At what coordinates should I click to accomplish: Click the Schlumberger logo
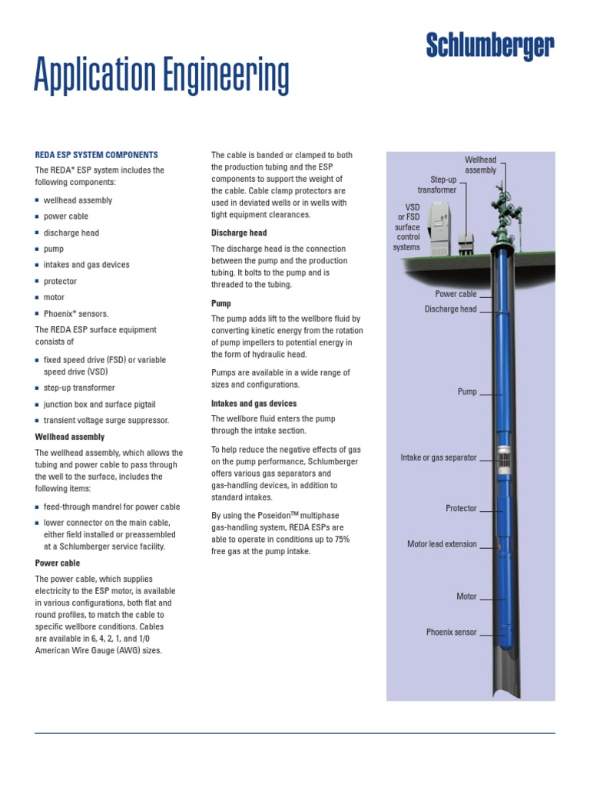click(x=489, y=48)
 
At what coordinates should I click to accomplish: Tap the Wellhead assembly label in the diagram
click(x=481, y=165)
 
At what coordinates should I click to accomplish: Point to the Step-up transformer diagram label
click(x=437, y=184)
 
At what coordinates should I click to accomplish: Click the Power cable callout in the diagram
click(x=456, y=294)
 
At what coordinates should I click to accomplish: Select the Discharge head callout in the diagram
click(x=450, y=309)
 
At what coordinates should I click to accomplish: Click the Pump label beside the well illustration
click(x=467, y=391)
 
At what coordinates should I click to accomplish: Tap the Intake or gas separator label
click(x=439, y=457)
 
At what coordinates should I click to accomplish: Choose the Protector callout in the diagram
click(x=461, y=508)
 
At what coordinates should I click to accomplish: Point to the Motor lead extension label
click(x=442, y=544)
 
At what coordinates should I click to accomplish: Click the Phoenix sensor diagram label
click(x=452, y=632)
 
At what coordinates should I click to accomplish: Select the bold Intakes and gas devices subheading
click(x=254, y=403)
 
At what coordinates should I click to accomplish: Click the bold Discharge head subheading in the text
click(x=239, y=233)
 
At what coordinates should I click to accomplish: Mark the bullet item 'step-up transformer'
click(x=79, y=388)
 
